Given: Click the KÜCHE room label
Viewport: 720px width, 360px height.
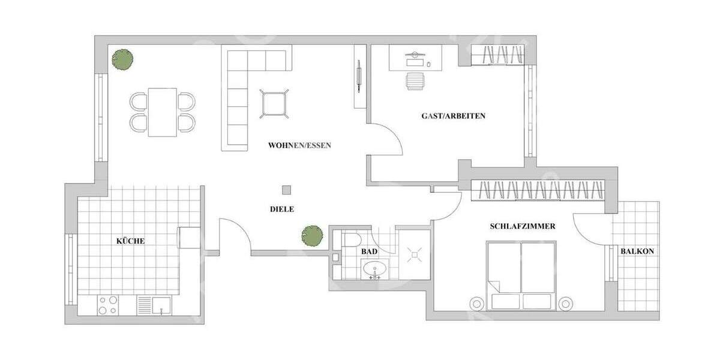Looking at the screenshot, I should click(130, 241).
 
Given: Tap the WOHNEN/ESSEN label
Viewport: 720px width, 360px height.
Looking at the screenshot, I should click(299, 145).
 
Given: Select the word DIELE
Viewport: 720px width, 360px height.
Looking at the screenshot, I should click(282, 209).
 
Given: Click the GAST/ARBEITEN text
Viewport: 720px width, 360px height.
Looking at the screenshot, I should click(453, 116).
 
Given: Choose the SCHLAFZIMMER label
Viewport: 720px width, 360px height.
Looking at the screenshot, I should click(522, 226).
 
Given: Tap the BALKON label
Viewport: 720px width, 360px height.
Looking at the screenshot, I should click(637, 251).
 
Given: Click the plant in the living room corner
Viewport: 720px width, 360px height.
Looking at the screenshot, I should click(122, 59).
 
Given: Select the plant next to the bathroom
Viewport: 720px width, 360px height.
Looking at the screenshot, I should click(312, 236).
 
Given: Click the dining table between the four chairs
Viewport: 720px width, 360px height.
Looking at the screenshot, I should click(163, 112).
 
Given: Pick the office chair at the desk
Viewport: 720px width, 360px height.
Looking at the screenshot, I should click(415, 80).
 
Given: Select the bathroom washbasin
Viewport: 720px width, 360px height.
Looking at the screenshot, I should click(376, 271).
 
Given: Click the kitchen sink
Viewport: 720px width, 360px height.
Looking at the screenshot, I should click(160, 305).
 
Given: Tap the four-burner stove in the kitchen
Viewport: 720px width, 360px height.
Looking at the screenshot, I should click(107, 305).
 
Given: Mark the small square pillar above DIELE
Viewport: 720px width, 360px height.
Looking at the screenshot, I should click(287, 190).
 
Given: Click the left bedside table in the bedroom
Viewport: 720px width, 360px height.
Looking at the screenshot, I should click(478, 304).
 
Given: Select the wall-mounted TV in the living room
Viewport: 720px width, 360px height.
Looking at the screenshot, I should click(359, 75).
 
